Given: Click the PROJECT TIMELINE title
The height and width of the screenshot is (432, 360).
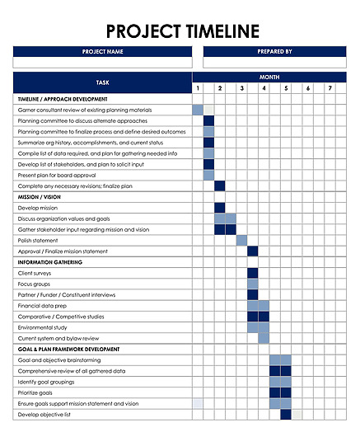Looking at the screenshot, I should (x=183, y=32).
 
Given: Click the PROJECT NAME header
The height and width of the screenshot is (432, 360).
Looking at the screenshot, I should (x=102, y=51).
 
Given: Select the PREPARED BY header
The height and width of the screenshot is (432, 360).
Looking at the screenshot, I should (x=274, y=51).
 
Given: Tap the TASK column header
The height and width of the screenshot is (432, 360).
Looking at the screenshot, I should (x=102, y=82).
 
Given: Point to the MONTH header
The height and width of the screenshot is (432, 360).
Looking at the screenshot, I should (x=269, y=77).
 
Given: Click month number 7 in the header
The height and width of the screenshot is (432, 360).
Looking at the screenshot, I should (x=330, y=88).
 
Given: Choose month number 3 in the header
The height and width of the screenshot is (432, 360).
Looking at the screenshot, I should (x=241, y=88).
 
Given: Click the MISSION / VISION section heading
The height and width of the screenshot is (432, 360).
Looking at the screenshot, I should (x=39, y=197).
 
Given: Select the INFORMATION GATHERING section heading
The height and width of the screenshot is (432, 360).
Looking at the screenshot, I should (x=50, y=262).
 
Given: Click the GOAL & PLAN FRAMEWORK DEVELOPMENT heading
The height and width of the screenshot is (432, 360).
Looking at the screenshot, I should (x=69, y=350).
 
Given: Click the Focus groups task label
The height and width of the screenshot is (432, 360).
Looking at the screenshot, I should (x=34, y=284).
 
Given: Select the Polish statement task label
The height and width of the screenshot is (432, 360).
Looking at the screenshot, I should (x=39, y=241).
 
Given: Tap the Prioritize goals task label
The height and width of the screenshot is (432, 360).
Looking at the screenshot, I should (x=37, y=392).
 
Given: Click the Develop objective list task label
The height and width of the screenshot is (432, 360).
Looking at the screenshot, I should (x=44, y=415).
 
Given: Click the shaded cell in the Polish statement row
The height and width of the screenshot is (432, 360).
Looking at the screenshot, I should (x=241, y=241).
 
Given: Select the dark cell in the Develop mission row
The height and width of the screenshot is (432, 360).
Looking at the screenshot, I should (x=220, y=208).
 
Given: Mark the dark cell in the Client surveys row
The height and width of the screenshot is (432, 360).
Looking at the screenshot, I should (x=252, y=273).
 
